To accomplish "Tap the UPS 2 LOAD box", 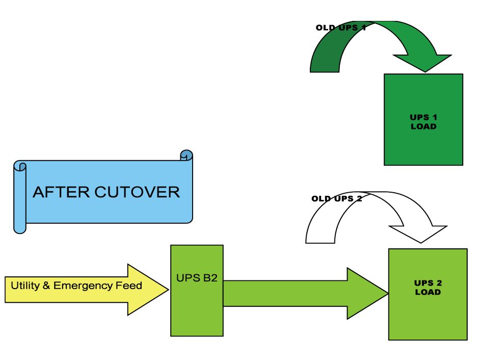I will (x=428, y=316).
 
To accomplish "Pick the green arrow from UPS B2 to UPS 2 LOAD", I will (x=306, y=293).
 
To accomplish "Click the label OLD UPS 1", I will (x=341, y=28).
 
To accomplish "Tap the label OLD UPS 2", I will (x=337, y=198).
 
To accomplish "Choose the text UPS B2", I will (x=197, y=279).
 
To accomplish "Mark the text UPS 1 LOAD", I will (x=423, y=122).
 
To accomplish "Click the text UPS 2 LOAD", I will (x=428, y=288).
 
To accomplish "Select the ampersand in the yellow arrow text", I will (x=46, y=286).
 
